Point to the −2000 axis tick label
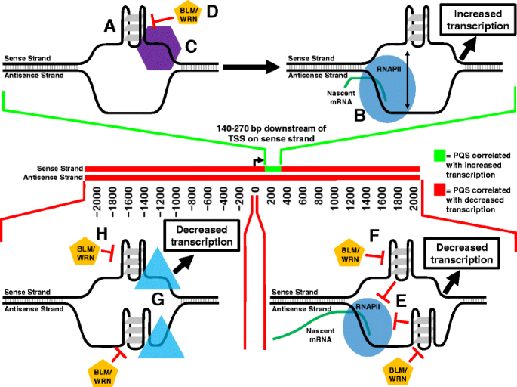click(x=92, y=197)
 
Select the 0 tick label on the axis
click(x=255, y=191)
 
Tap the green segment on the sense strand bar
click(x=272, y=168)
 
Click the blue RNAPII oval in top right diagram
click(x=383, y=85)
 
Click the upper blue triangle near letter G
click(x=159, y=271)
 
